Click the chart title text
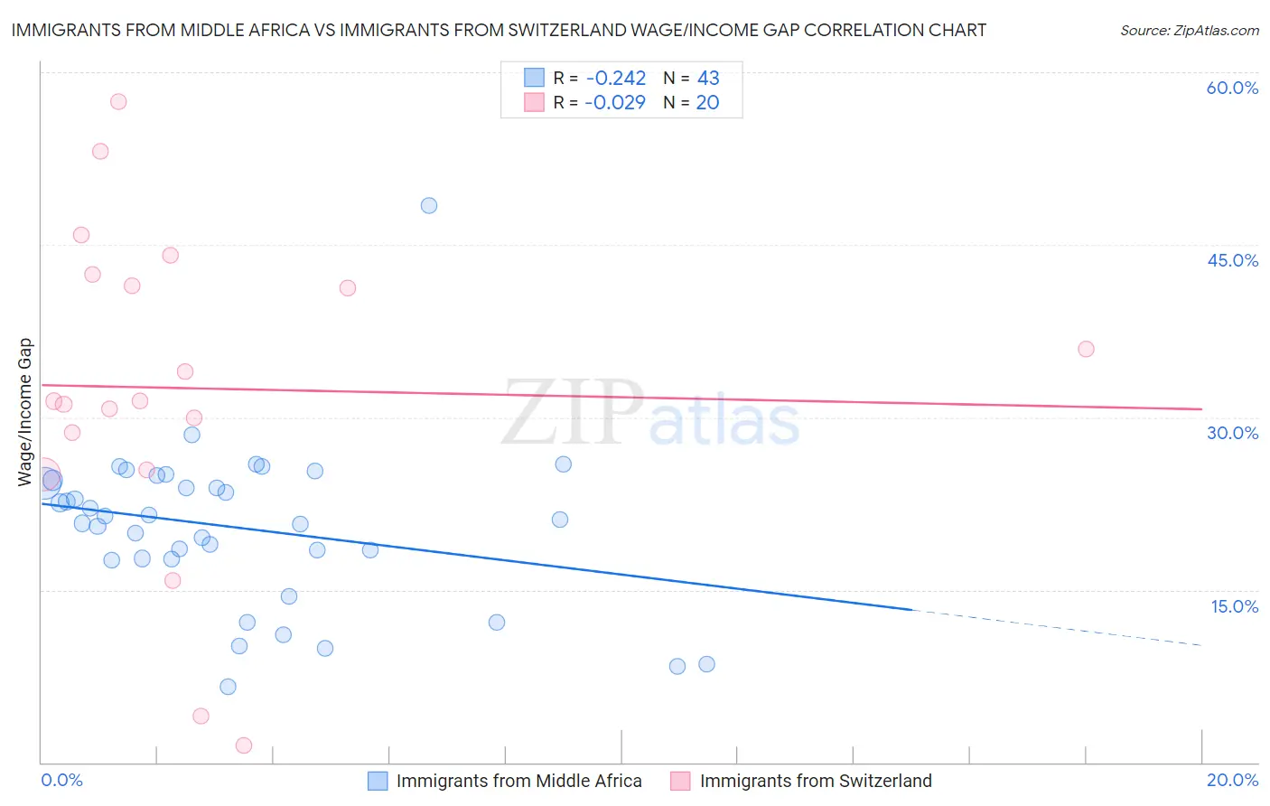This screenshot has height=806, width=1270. tap(498, 30)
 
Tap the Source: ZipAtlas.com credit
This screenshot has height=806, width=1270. tap(1189, 30)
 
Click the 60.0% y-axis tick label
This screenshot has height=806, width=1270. tap(1232, 88)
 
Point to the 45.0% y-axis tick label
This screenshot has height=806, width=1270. tap(1232, 260)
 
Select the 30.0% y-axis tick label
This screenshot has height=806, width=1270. tap(1232, 433)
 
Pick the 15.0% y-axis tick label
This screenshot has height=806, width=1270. tap(1234, 606)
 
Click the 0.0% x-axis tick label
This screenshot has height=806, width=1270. tap(61, 780)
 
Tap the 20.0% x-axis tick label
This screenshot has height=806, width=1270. tap(1232, 780)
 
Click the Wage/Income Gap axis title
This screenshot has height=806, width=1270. tap(25, 412)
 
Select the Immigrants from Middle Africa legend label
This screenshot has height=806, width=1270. tap(518, 781)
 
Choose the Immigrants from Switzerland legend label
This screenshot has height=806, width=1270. tap(815, 781)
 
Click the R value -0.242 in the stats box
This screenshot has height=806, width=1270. tap(615, 79)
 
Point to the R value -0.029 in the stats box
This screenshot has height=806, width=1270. tap(615, 103)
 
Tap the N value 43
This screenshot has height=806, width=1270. tap(708, 79)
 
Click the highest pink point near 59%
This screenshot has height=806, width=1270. tap(118, 101)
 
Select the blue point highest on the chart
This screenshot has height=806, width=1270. tap(429, 205)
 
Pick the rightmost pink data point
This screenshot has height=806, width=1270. tap(1086, 349)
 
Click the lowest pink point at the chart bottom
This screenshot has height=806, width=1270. tap(244, 745)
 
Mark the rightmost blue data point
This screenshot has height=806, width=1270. tap(706, 664)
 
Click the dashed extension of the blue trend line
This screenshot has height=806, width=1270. tap(1057, 628)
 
